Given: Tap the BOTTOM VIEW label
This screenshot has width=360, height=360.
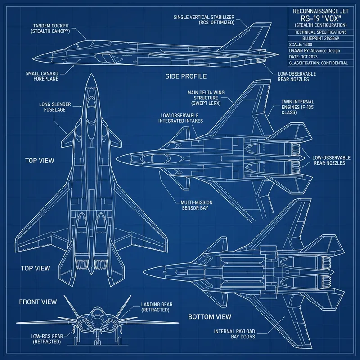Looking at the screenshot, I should pyautogui.click(x=209, y=317).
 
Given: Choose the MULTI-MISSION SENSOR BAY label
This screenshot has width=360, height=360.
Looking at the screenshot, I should pyautogui.click(x=197, y=206).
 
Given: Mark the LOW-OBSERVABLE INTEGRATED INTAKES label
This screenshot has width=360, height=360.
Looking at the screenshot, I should pyautogui.click(x=181, y=118).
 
